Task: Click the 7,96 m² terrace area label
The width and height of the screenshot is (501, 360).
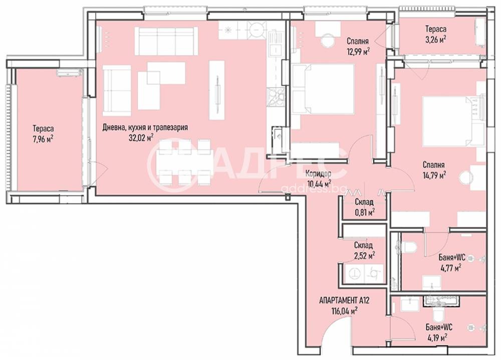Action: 43,140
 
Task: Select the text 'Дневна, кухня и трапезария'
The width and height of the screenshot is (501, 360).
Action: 145,127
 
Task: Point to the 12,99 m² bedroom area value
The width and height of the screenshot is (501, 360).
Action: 358,51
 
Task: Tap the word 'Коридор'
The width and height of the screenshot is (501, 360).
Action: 318,174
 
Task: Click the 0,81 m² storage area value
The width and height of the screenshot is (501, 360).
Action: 364,212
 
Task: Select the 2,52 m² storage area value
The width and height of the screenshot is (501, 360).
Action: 364,255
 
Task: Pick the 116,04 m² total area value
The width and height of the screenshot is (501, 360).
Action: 345,310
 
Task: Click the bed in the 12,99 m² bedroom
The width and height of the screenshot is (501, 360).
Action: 323,89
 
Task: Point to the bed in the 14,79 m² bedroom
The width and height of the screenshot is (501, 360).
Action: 453,121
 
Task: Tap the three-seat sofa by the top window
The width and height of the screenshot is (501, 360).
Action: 164,41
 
